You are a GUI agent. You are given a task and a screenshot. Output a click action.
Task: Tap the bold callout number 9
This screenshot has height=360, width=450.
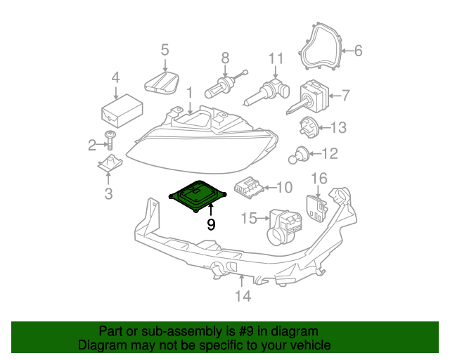tap(210, 225)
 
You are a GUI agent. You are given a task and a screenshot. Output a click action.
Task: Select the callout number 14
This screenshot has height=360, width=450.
tap(242, 296)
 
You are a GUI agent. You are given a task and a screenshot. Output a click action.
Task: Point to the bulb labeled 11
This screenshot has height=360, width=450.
tap(271, 91)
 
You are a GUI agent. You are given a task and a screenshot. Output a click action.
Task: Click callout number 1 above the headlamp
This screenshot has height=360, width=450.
tap(189, 92)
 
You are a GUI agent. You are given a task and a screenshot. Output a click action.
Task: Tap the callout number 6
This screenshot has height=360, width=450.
tap(357, 51)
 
